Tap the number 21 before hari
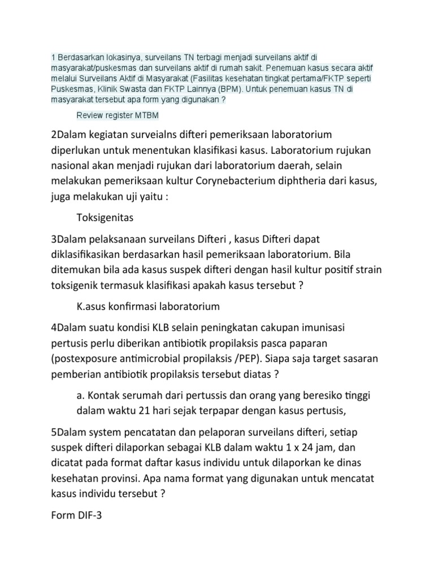pyautogui.click(x=153, y=411)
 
